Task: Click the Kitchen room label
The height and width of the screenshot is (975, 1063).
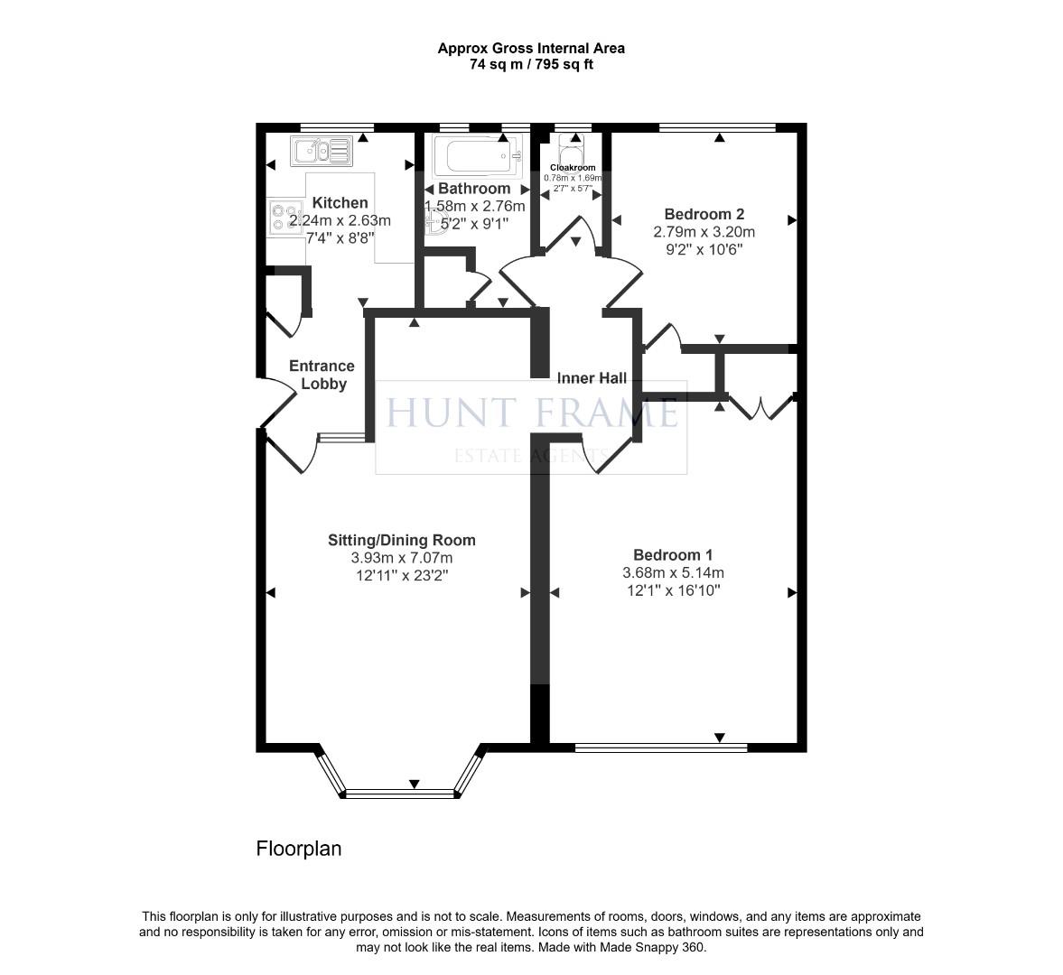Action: tap(340, 203)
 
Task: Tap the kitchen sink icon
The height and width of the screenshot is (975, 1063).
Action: tap(321, 150)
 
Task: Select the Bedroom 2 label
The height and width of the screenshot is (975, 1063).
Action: tap(704, 214)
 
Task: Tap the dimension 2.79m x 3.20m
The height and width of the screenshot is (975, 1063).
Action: tap(704, 232)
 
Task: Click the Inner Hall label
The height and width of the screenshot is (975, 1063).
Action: tap(592, 378)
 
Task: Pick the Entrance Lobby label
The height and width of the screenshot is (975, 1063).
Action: tap(322, 375)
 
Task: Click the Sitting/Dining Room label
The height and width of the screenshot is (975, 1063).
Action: tap(401, 541)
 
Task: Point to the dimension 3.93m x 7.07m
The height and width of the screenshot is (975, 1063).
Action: tap(401, 558)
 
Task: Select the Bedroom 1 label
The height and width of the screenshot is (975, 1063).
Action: tap(673, 555)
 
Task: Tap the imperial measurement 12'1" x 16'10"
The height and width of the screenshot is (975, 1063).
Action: tap(673, 590)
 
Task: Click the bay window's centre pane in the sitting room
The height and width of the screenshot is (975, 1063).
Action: tap(403, 794)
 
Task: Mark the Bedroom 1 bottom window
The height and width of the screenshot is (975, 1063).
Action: tap(661, 747)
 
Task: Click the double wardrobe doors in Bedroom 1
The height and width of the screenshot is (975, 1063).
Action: tap(762, 407)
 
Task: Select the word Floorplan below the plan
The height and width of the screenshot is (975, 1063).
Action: tap(299, 849)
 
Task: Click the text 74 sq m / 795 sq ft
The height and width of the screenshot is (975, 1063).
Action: tap(531, 64)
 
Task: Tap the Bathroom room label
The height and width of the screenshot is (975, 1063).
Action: tap(474, 189)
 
